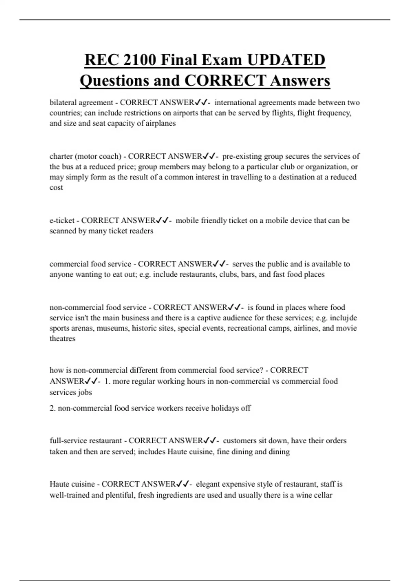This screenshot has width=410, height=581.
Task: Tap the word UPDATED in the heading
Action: tap(286, 60)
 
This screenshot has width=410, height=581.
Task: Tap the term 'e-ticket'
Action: tap(62, 220)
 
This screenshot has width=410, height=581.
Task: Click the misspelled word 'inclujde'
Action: tap(343, 317)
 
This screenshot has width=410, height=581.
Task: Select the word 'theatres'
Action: tap(62, 338)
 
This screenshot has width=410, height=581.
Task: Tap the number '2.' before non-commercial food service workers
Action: tap(53, 408)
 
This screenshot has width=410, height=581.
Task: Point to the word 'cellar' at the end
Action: tap(323, 495)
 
